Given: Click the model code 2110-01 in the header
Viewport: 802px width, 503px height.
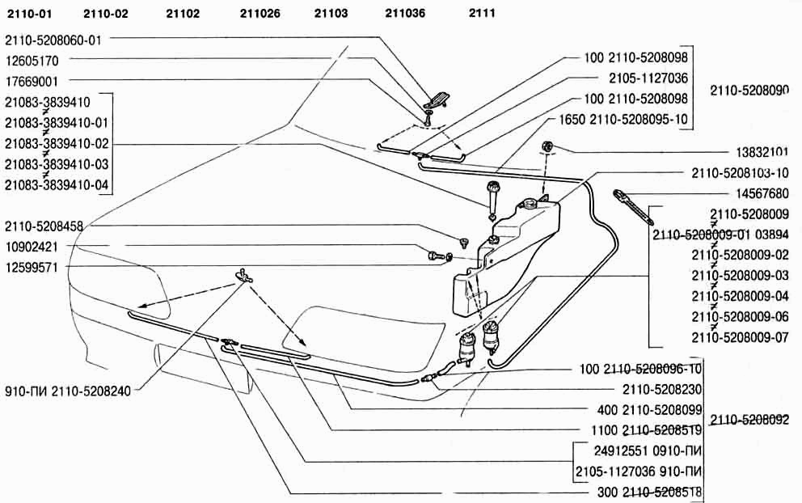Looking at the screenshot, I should pyautogui.click(x=29, y=13).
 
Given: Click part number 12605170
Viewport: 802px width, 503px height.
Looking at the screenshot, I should pyautogui.click(x=32, y=60).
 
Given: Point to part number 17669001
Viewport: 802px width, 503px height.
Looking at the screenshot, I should pyautogui.click(x=32, y=80).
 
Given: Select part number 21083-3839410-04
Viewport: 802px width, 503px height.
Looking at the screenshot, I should pyautogui.click(x=57, y=184).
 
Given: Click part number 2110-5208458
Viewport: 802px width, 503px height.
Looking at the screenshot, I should pyautogui.click(x=44, y=226).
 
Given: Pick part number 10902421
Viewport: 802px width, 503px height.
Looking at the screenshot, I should pyautogui.click(x=32, y=246).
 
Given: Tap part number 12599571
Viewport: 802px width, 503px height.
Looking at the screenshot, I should pyautogui.click(x=32, y=267).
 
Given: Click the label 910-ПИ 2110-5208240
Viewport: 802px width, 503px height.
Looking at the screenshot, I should pyautogui.click(x=68, y=388).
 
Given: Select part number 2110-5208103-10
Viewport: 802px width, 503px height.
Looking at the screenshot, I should pyautogui.click(x=740, y=173).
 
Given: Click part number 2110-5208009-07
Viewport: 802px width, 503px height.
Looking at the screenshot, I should pyautogui.click(x=740, y=338).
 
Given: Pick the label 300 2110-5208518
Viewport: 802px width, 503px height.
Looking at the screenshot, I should pyautogui.click(x=644, y=492).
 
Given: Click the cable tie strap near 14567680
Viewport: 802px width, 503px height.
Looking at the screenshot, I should pyautogui.click(x=635, y=205).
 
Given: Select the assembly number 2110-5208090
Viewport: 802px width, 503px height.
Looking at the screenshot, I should pyautogui.click(x=749, y=91).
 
